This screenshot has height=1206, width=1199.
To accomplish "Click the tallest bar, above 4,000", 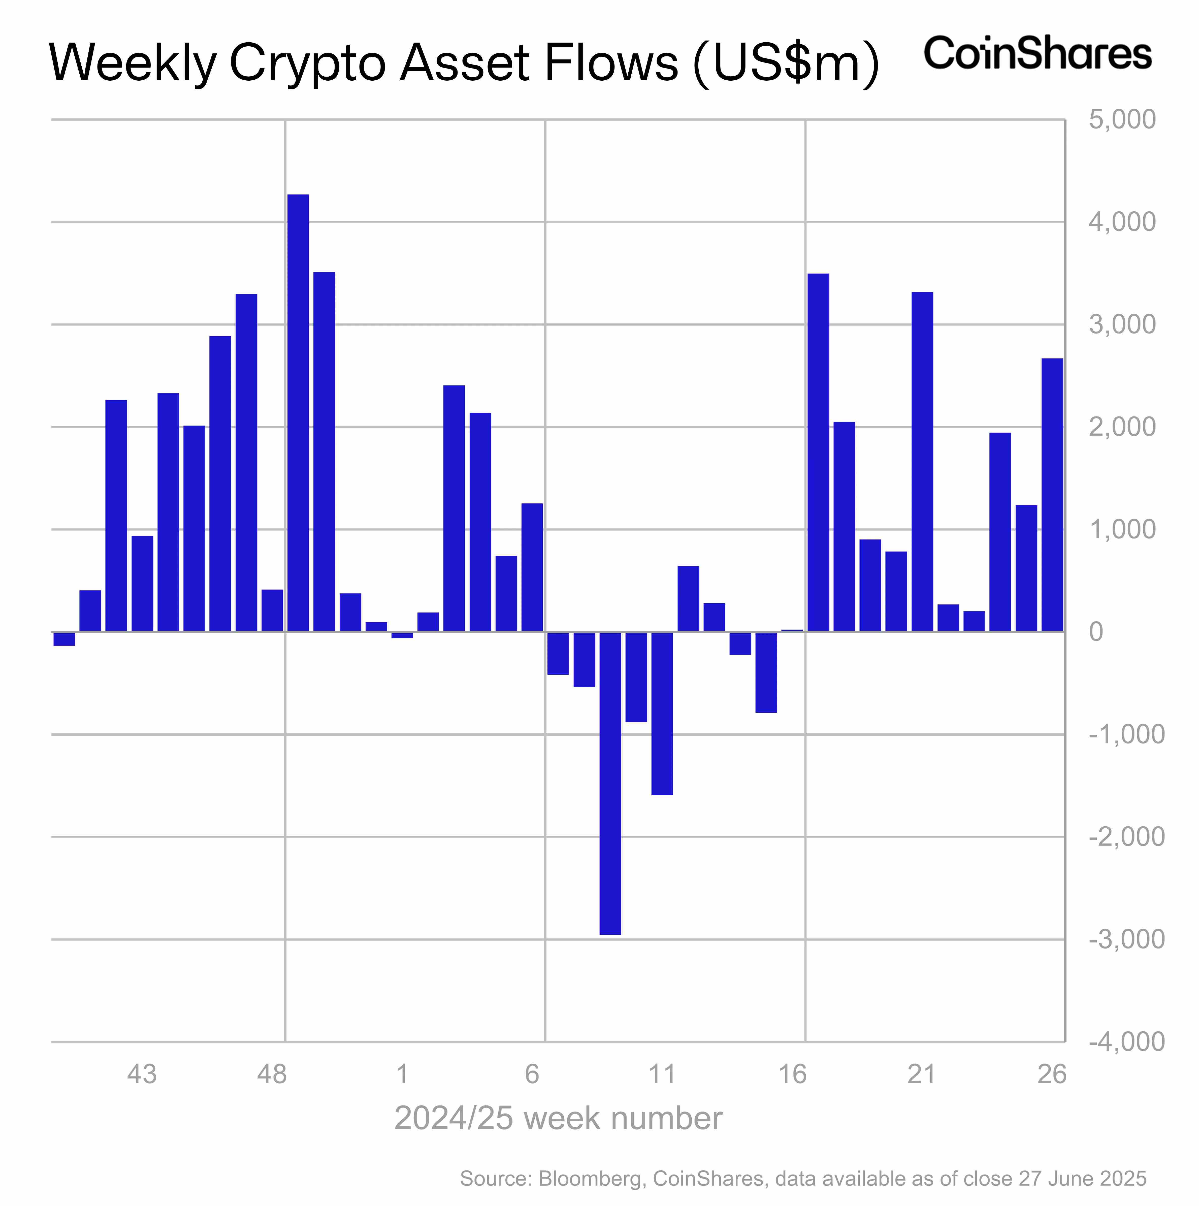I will [x=298, y=412].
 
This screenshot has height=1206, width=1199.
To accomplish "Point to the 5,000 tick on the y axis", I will [x=1122, y=120].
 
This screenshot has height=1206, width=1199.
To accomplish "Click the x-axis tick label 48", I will [x=272, y=1074].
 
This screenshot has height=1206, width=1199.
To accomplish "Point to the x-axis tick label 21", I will [x=921, y=1074].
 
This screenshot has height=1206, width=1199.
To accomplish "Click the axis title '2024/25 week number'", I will [x=558, y=1118].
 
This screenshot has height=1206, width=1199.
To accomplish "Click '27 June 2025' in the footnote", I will [x=1082, y=1179].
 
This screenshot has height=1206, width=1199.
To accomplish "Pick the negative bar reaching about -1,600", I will [x=662, y=713].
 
